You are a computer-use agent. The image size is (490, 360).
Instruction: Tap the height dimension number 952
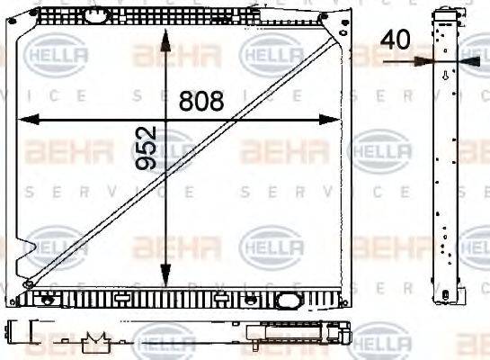(x=147, y=148)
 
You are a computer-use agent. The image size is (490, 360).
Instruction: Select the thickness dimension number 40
(x=396, y=39)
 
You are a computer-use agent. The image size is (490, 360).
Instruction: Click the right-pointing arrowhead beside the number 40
(x=423, y=61)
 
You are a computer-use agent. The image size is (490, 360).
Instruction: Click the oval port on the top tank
(x=94, y=15)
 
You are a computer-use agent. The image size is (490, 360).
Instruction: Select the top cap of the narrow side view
(x=446, y=12)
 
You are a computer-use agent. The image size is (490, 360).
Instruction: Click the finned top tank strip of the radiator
(x=180, y=17)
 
